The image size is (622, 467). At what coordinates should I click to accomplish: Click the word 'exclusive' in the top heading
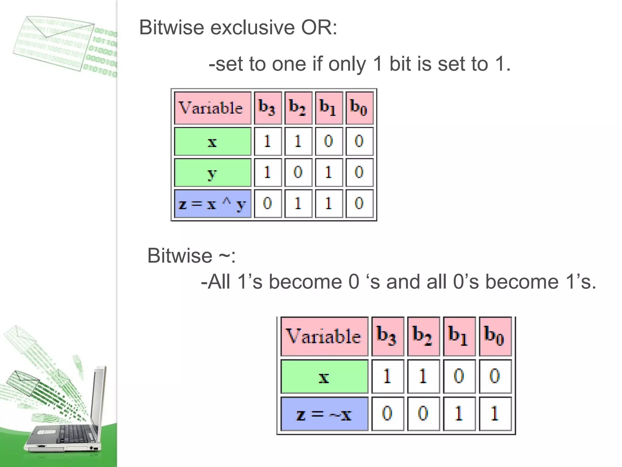(253, 28)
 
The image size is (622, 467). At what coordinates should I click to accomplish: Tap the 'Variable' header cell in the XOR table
(212, 108)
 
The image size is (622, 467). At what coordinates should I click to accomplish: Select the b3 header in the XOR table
(268, 108)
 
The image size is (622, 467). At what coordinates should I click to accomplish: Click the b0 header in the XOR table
(359, 108)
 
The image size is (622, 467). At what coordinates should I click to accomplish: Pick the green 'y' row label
(212, 172)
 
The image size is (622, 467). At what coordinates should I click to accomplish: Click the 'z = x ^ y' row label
(212, 203)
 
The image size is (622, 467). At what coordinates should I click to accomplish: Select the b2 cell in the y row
(298, 172)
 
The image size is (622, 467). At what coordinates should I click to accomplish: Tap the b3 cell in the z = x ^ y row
(268, 203)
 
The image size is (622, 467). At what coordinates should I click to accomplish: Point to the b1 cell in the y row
(329, 172)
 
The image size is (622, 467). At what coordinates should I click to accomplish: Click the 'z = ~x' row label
(324, 414)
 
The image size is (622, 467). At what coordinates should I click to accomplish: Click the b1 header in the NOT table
(459, 336)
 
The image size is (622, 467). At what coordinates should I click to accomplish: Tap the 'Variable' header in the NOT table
(324, 336)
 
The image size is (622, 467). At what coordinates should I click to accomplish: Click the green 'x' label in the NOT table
(324, 377)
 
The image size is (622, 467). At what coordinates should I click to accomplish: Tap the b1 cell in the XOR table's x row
(329, 141)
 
